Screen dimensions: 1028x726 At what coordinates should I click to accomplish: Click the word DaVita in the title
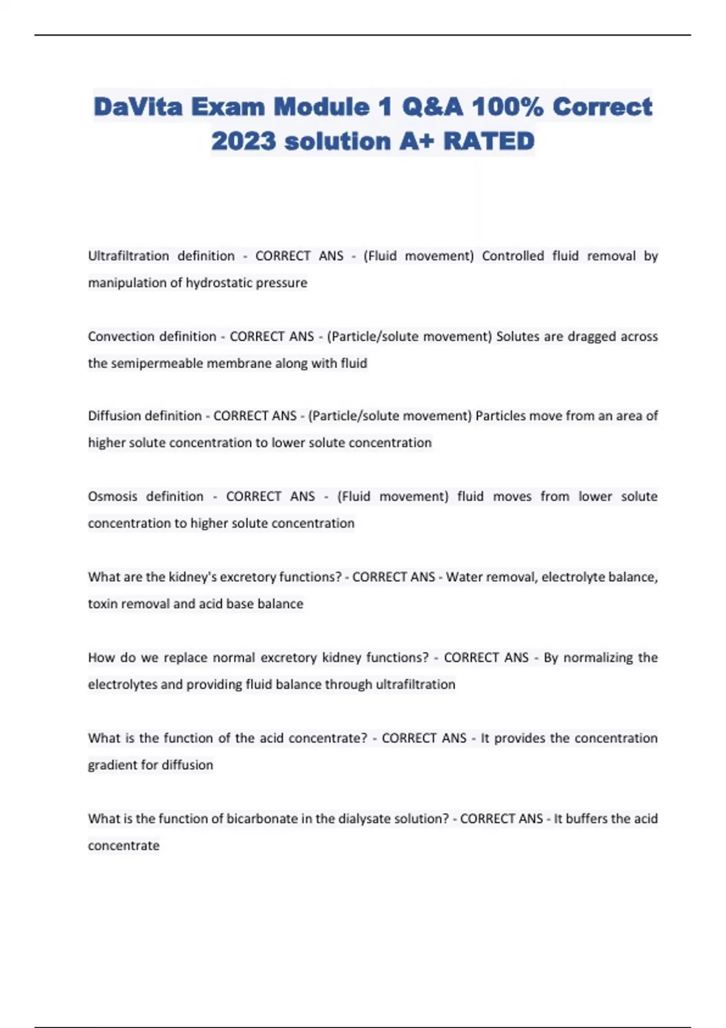[138, 107]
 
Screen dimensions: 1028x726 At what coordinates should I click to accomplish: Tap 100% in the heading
[507, 107]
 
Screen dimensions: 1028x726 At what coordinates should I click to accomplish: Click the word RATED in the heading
[489, 142]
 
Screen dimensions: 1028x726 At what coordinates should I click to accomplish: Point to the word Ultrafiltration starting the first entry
[128, 256]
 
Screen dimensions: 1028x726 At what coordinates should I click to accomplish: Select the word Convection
[122, 336]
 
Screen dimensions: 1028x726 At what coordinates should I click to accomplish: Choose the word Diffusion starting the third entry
[114, 416]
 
